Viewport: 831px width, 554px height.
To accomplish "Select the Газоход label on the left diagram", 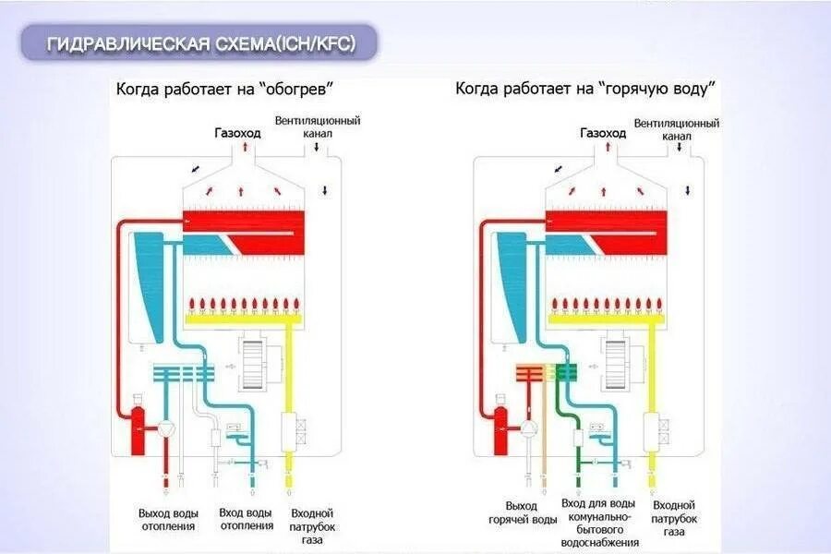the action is [237, 132].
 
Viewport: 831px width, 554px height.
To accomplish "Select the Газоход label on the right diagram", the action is [603, 132].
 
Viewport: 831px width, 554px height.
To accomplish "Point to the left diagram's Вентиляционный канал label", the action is [318, 127].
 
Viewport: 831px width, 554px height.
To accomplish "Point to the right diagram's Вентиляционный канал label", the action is [677, 127].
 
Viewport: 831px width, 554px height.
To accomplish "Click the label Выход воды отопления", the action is [167, 519].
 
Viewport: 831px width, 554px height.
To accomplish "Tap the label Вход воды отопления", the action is [246, 519].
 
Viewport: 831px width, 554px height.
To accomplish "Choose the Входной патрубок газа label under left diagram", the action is [312, 525].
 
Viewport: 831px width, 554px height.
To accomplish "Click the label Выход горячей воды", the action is [522, 512].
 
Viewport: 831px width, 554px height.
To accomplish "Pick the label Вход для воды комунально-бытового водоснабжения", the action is [597, 523].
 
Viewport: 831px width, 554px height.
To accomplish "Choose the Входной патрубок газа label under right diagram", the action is [674, 518].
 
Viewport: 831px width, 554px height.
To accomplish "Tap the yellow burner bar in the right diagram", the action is [606, 319].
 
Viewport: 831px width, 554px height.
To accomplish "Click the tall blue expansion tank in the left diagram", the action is [148, 277].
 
